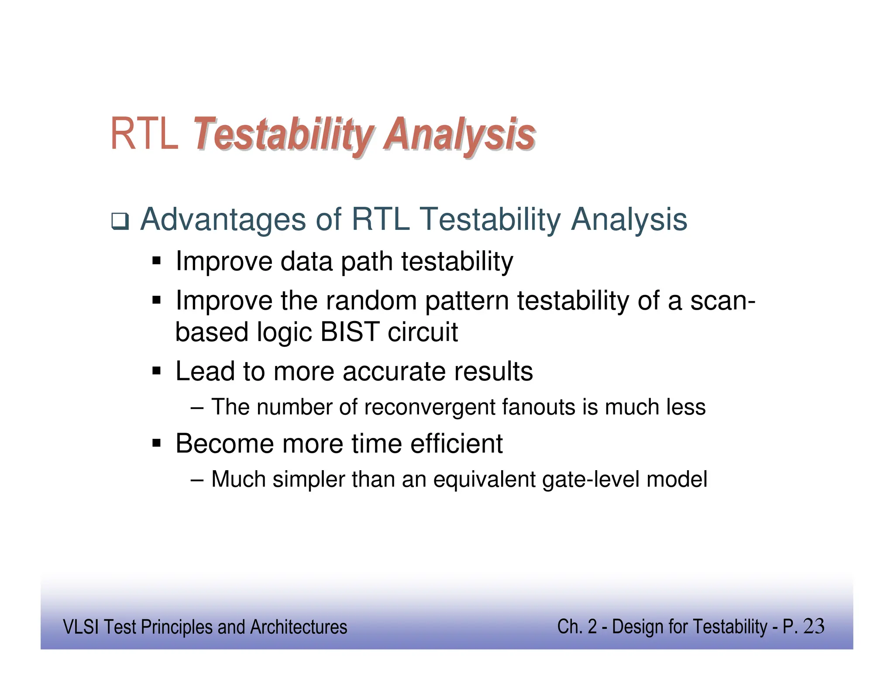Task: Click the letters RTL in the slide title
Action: pos(144,134)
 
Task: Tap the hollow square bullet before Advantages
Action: pos(120,222)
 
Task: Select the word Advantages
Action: pos(223,219)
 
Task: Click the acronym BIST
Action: pos(350,332)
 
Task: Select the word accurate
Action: pos(394,372)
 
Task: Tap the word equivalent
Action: pos(484,479)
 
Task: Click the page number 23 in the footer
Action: pos(813,626)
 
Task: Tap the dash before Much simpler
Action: pos(197,480)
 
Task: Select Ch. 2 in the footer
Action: pos(577,627)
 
